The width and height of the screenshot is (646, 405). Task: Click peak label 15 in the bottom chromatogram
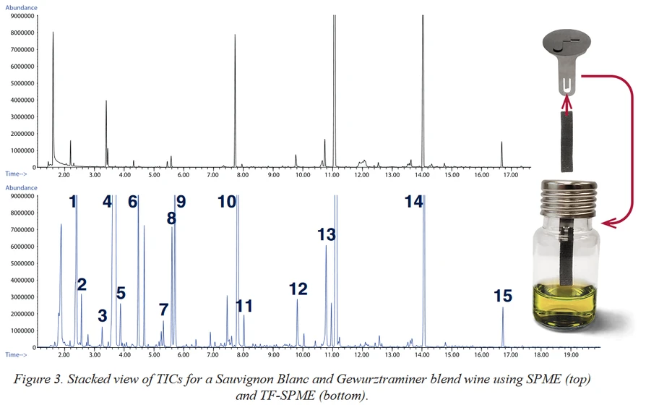503,296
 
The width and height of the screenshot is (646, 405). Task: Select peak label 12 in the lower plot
298,289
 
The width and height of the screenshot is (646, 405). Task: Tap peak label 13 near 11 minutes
327,234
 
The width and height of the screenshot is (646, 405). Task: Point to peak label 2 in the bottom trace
82,284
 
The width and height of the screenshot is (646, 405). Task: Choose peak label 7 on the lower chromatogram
163,310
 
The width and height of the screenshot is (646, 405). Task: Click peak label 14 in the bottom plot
413,202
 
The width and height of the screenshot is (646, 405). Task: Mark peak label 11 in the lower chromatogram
244,306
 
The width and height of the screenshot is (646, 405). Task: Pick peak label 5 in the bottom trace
121,294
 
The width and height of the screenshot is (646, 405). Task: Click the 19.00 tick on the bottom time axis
570,355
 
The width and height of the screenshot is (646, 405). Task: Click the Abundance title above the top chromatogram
21,7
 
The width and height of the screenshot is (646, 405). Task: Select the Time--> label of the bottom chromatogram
16,355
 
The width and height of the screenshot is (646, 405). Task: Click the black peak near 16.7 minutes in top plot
501,153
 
